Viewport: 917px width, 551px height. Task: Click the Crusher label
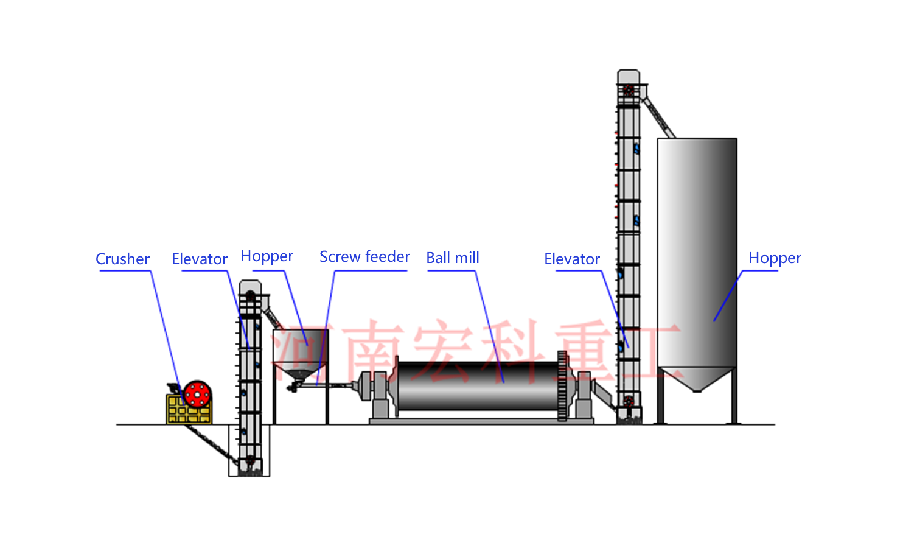coord(122,259)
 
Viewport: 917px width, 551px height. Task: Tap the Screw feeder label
coord(364,256)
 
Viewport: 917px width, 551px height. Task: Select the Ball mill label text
coord(452,258)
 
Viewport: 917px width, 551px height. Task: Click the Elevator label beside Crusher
coord(200,259)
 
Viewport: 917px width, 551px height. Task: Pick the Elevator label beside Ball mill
coord(572,259)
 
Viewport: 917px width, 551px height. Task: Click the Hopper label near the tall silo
coord(775,258)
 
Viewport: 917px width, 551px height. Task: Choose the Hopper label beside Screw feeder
coord(267,256)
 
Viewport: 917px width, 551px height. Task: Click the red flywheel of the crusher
coord(197,394)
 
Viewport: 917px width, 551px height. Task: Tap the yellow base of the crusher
coord(189,409)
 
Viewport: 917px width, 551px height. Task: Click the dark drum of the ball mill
coord(476,385)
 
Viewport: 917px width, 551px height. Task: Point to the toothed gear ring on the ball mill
coord(562,385)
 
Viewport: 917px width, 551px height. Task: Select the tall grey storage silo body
coord(697,252)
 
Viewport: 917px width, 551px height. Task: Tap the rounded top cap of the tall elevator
coord(629,77)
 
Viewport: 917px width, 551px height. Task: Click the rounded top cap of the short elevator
coord(250,286)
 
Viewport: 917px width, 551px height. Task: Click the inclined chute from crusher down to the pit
coord(211,444)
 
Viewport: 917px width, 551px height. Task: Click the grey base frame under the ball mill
coord(481,421)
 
